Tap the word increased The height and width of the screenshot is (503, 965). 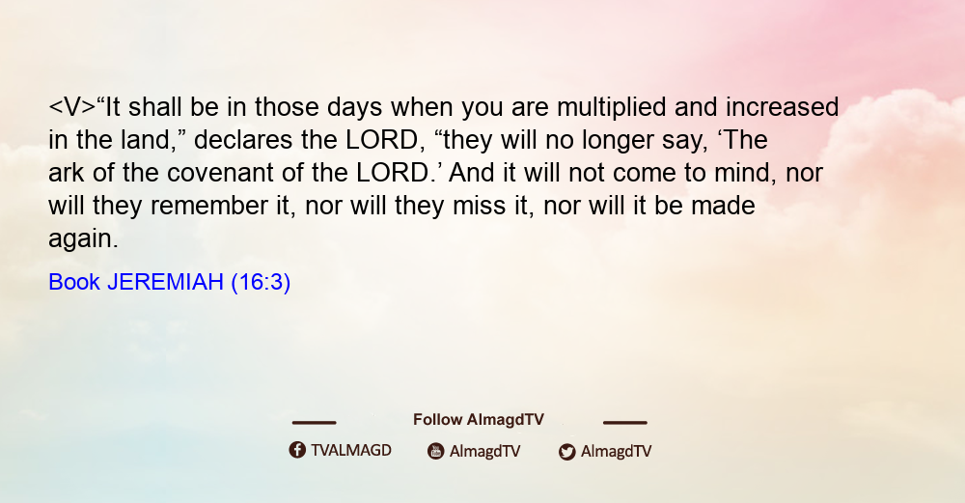pos(783,107)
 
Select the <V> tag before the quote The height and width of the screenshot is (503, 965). pos(72,107)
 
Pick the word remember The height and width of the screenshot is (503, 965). pos(208,206)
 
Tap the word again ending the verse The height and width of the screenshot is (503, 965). pos(83,239)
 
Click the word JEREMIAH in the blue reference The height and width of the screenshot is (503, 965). pos(166,282)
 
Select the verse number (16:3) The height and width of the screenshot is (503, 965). pos(261,282)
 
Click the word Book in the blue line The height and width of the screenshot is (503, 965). pos(74,282)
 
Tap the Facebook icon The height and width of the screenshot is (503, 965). pos(297,450)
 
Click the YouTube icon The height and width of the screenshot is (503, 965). pos(436,451)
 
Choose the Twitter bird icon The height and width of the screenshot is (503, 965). pos(566,452)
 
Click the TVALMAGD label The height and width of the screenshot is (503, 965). pos(351,451)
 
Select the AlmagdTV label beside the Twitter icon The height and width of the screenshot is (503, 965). pos(616,451)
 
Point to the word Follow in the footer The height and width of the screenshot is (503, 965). pos(437,420)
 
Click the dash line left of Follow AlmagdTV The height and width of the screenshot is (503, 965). pos(314,423)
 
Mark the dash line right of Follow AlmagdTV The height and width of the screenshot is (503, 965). pos(625,423)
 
